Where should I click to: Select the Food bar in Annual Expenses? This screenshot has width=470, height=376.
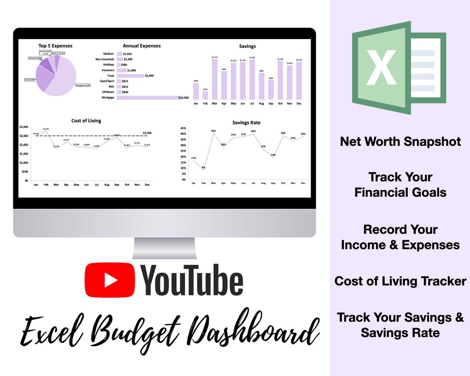[130, 76]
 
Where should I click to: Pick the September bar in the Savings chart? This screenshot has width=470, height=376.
[271, 89]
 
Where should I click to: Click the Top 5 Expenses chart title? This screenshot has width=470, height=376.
[55, 46]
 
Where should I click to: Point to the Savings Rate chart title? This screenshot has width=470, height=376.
[246, 123]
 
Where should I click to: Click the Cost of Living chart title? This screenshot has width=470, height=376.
[86, 121]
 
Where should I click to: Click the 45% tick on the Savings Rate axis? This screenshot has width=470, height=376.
[183, 128]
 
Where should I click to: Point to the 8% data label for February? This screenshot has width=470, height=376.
[203, 168]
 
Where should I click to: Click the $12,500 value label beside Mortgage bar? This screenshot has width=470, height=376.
[184, 98]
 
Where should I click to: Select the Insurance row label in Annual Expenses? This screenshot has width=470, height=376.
[108, 70]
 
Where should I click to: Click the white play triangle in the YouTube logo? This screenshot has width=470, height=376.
[111, 279]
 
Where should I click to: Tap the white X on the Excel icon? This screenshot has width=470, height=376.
[381, 67]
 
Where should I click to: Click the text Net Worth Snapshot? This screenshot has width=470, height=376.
[400, 141]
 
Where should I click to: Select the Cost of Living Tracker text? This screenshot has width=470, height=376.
[400, 281]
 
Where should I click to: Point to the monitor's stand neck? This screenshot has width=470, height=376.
[164, 248]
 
